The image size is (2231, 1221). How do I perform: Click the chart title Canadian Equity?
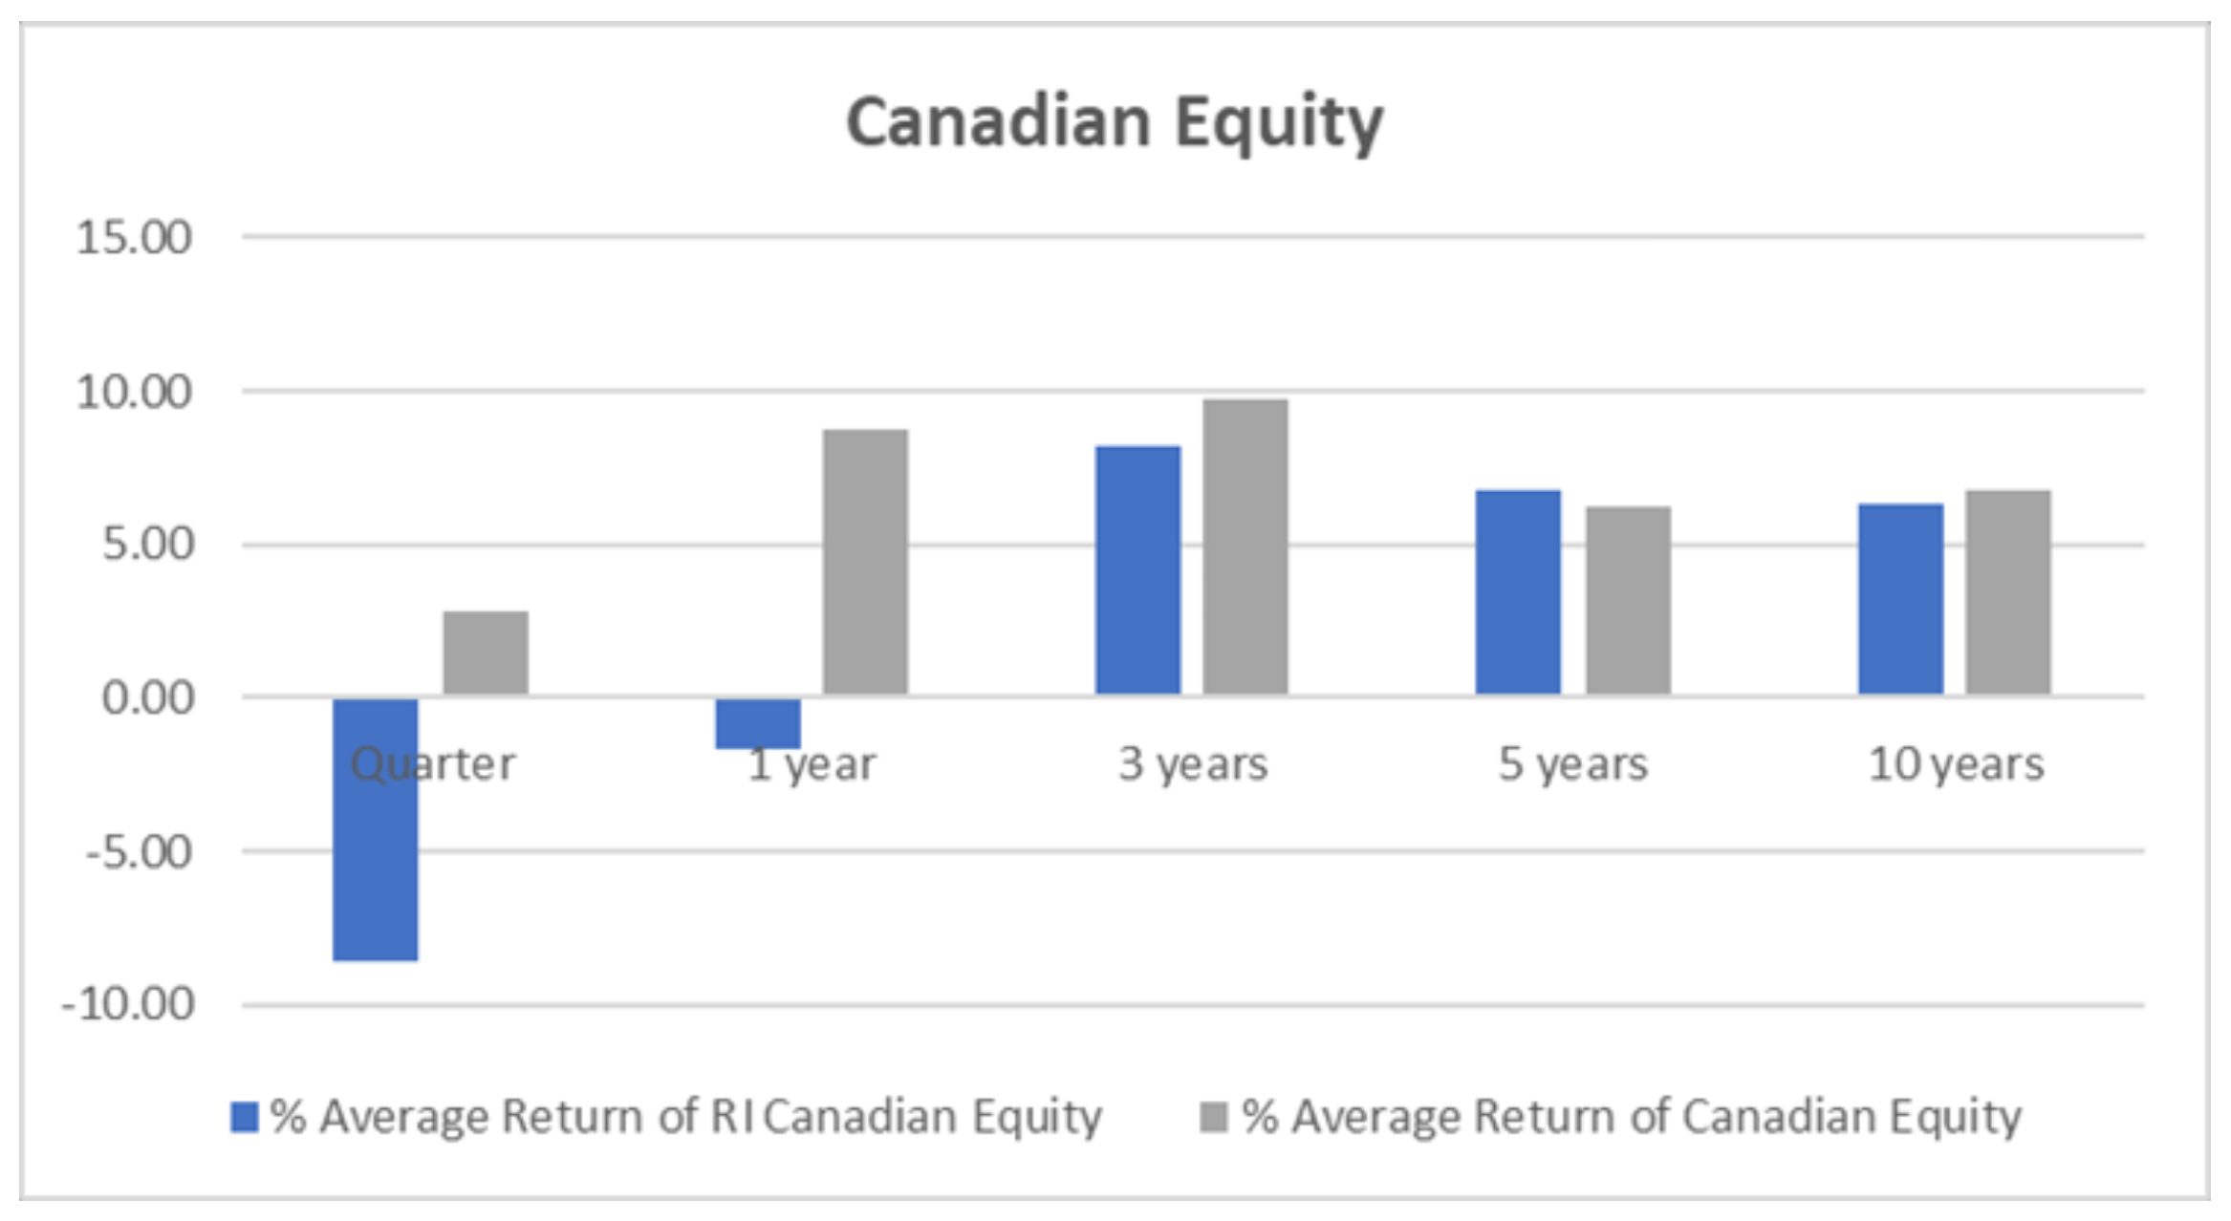point(1115,123)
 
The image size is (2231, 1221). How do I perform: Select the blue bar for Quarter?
point(376,829)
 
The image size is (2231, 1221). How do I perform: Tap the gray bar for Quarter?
point(486,653)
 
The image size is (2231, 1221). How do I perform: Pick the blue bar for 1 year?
point(758,723)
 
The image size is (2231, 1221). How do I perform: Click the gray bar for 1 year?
point(866,563)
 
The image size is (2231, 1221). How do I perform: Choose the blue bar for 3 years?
point(1137,571)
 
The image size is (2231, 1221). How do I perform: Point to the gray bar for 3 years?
point(1245,548)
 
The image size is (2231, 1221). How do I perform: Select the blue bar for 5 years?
point(1518,593)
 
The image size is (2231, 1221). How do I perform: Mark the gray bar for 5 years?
point(1629,602)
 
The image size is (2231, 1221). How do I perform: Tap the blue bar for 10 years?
point(1901,600)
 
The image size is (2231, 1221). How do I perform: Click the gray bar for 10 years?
point(2008,593)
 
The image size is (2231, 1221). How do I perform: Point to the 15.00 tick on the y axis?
point(135,237)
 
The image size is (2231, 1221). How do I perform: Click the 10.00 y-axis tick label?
point(135,392)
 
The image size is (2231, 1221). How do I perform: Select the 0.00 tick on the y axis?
point(147,698)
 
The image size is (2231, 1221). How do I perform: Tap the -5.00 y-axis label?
point(140,851)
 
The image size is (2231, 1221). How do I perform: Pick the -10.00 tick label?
point(128,1005)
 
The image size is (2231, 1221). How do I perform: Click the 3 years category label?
point(1194,764)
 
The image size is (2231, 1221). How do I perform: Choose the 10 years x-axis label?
point(1957,764)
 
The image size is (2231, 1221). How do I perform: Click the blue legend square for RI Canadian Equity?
point(245,1117)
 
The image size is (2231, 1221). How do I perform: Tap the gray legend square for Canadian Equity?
point(1214,1117)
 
